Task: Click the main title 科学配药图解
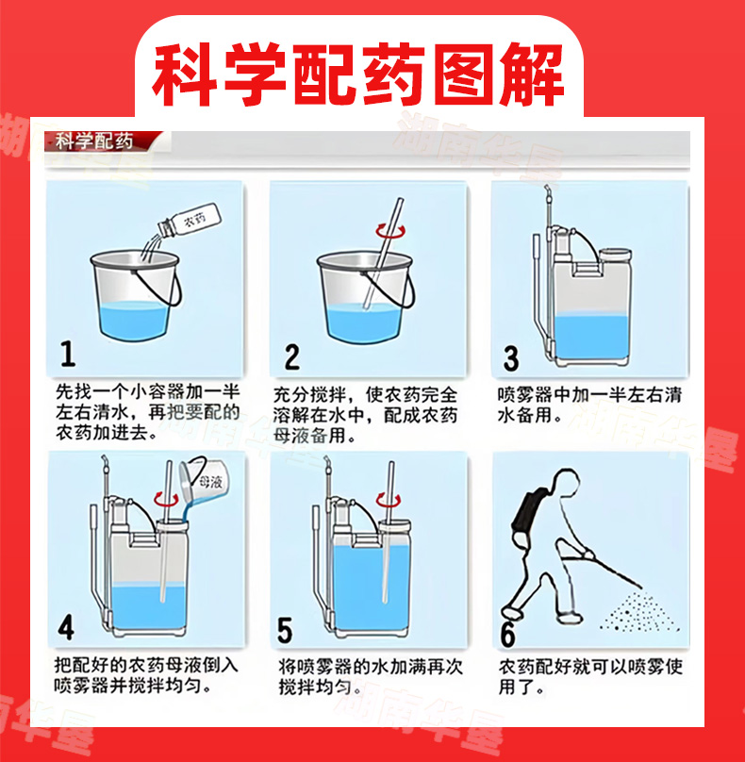tap(358, 75)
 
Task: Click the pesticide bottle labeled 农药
tap(190, 220)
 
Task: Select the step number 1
tap(68, 354)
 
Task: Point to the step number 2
tap(292, 357)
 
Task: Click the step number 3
tap(511, 358)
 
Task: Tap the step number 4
tap(67, 627)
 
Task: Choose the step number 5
tap(285, 630)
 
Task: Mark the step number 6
tap(508, 634)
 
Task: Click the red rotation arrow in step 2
tap(390, 230)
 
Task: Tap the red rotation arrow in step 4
tap(166, 499)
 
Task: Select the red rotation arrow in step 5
tap(389, 500)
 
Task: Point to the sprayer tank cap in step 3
tap(615, 255)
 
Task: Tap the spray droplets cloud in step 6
tap(639, 611)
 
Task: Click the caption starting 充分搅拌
tap(365, 415)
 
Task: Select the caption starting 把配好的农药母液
tap(146, 675)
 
